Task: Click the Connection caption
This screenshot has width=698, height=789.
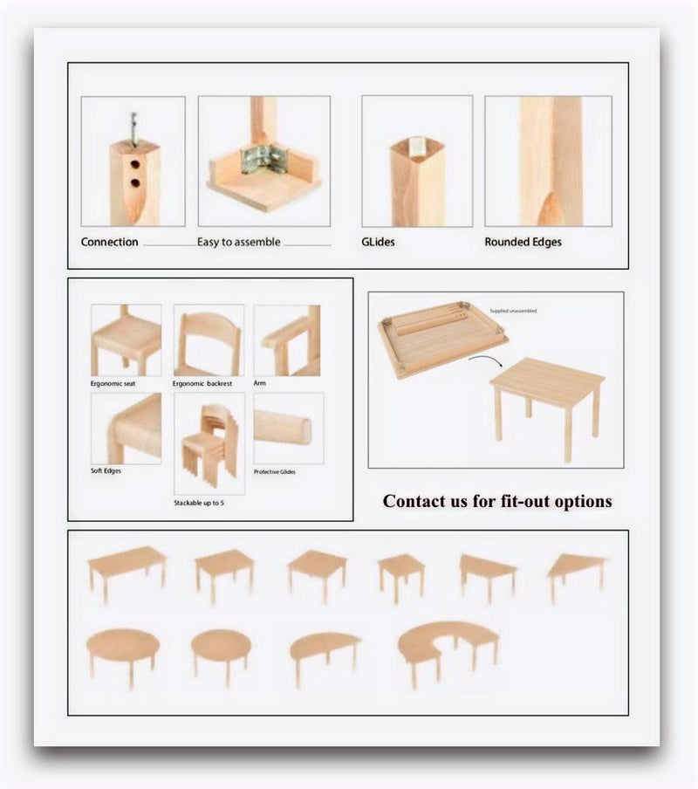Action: [110, 242]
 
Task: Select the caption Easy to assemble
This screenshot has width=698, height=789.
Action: [238, 242]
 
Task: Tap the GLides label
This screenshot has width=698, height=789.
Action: [379, 242]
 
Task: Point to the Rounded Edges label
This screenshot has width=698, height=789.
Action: [523, 242]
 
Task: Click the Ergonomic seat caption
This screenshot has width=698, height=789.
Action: [113, 383]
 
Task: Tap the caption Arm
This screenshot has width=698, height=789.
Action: [259, 382]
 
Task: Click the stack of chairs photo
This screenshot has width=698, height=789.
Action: [209, 442]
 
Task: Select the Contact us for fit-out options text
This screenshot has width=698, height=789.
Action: [497, 501]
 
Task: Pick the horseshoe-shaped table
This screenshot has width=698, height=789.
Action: [448, 647]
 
